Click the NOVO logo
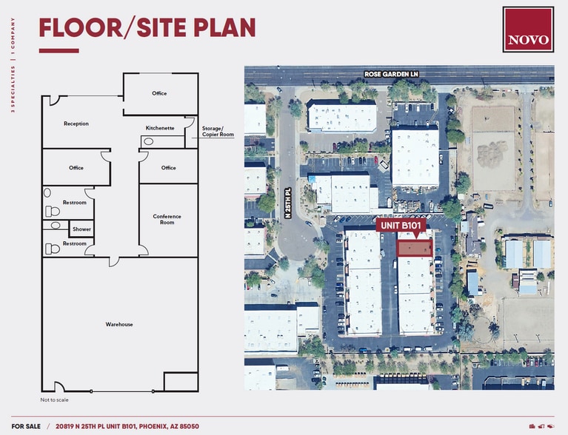528,30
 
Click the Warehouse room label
119,324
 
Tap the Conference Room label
167,219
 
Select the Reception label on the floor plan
76,124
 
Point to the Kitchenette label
160,128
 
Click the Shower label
81,229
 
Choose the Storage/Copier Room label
218,132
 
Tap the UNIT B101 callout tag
404,225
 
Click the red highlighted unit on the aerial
415,248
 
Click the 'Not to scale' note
54,399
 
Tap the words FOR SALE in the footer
26,426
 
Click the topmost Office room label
159,93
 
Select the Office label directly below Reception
76,168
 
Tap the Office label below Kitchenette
169,168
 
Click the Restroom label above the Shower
75,203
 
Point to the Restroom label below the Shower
75,243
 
